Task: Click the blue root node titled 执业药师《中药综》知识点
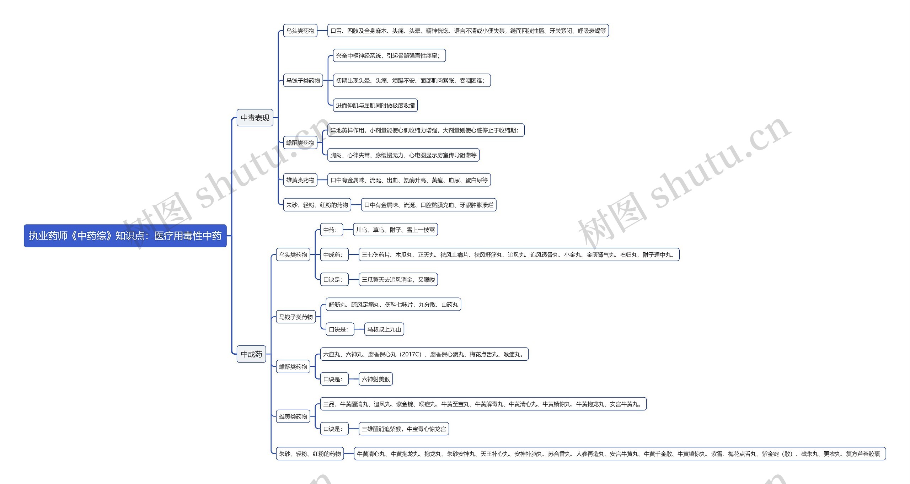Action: [x=125, y=236]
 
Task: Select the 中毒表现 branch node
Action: [x=255, y=118]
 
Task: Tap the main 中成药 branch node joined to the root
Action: [x=251, y=354]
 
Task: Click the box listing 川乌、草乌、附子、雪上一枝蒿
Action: [x=395, y=230]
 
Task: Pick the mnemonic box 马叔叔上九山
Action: [x=384, y=329]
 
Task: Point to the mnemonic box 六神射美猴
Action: [x=376, y=379]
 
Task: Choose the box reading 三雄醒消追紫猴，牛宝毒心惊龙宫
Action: [x=404, y=429]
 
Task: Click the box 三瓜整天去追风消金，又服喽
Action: [x=398, y=280]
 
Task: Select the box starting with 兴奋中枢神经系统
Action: [x=389, y=56]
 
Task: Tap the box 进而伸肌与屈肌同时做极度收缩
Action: [x=375, y=106]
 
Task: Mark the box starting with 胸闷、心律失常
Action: [x=403, y=155]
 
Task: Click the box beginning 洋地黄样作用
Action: [x=425, y=130]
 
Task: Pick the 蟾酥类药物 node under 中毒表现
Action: [x=300, y=143]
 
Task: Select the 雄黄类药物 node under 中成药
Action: [x=293, y=416]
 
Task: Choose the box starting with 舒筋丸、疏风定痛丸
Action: [x=393, y=305]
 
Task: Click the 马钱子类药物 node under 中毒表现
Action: [x=303, y=81]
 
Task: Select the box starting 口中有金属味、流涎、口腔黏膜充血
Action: [x=429, y=205]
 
